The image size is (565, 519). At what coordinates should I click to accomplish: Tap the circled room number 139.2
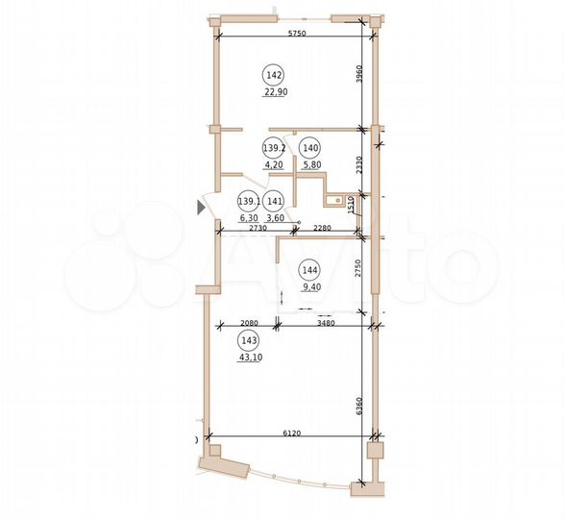click(x=273, y=148)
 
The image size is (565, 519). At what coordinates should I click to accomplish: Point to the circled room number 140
click(x=308, y=148)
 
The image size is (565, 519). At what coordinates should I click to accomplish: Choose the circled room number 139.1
click(x=249, y=201)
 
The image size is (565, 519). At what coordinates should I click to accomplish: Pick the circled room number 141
click(x=275, y=201)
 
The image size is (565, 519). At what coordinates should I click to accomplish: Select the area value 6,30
click(x=249, y=218)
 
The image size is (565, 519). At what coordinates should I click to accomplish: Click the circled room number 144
click(x=308, y=269)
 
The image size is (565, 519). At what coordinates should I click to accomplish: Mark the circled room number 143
click(x=249, y=340)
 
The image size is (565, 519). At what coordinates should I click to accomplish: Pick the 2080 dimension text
click(x=249, y=324)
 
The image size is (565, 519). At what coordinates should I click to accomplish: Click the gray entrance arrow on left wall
click(x=201, y=206)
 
